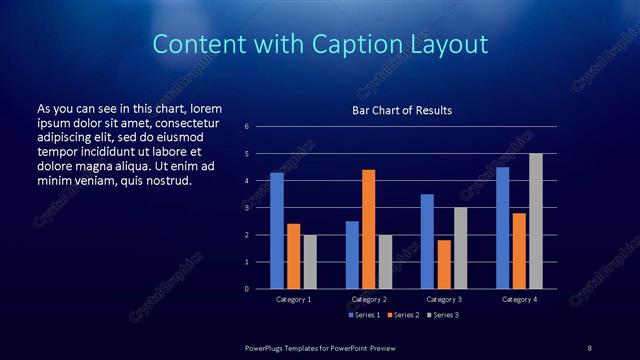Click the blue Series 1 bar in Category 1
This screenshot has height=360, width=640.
[276, 231]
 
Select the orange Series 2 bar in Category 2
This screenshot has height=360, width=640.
[368, 229]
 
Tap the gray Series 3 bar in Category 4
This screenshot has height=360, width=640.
[535, 221]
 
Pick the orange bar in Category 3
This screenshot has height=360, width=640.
[443, 264]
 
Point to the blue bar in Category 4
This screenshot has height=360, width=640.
[502, 228]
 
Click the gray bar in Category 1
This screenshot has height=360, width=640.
[310, 262]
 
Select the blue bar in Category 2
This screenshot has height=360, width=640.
[352, 255]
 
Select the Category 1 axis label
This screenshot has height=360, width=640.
[293, 299]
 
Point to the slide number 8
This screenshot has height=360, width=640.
[589, 347]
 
